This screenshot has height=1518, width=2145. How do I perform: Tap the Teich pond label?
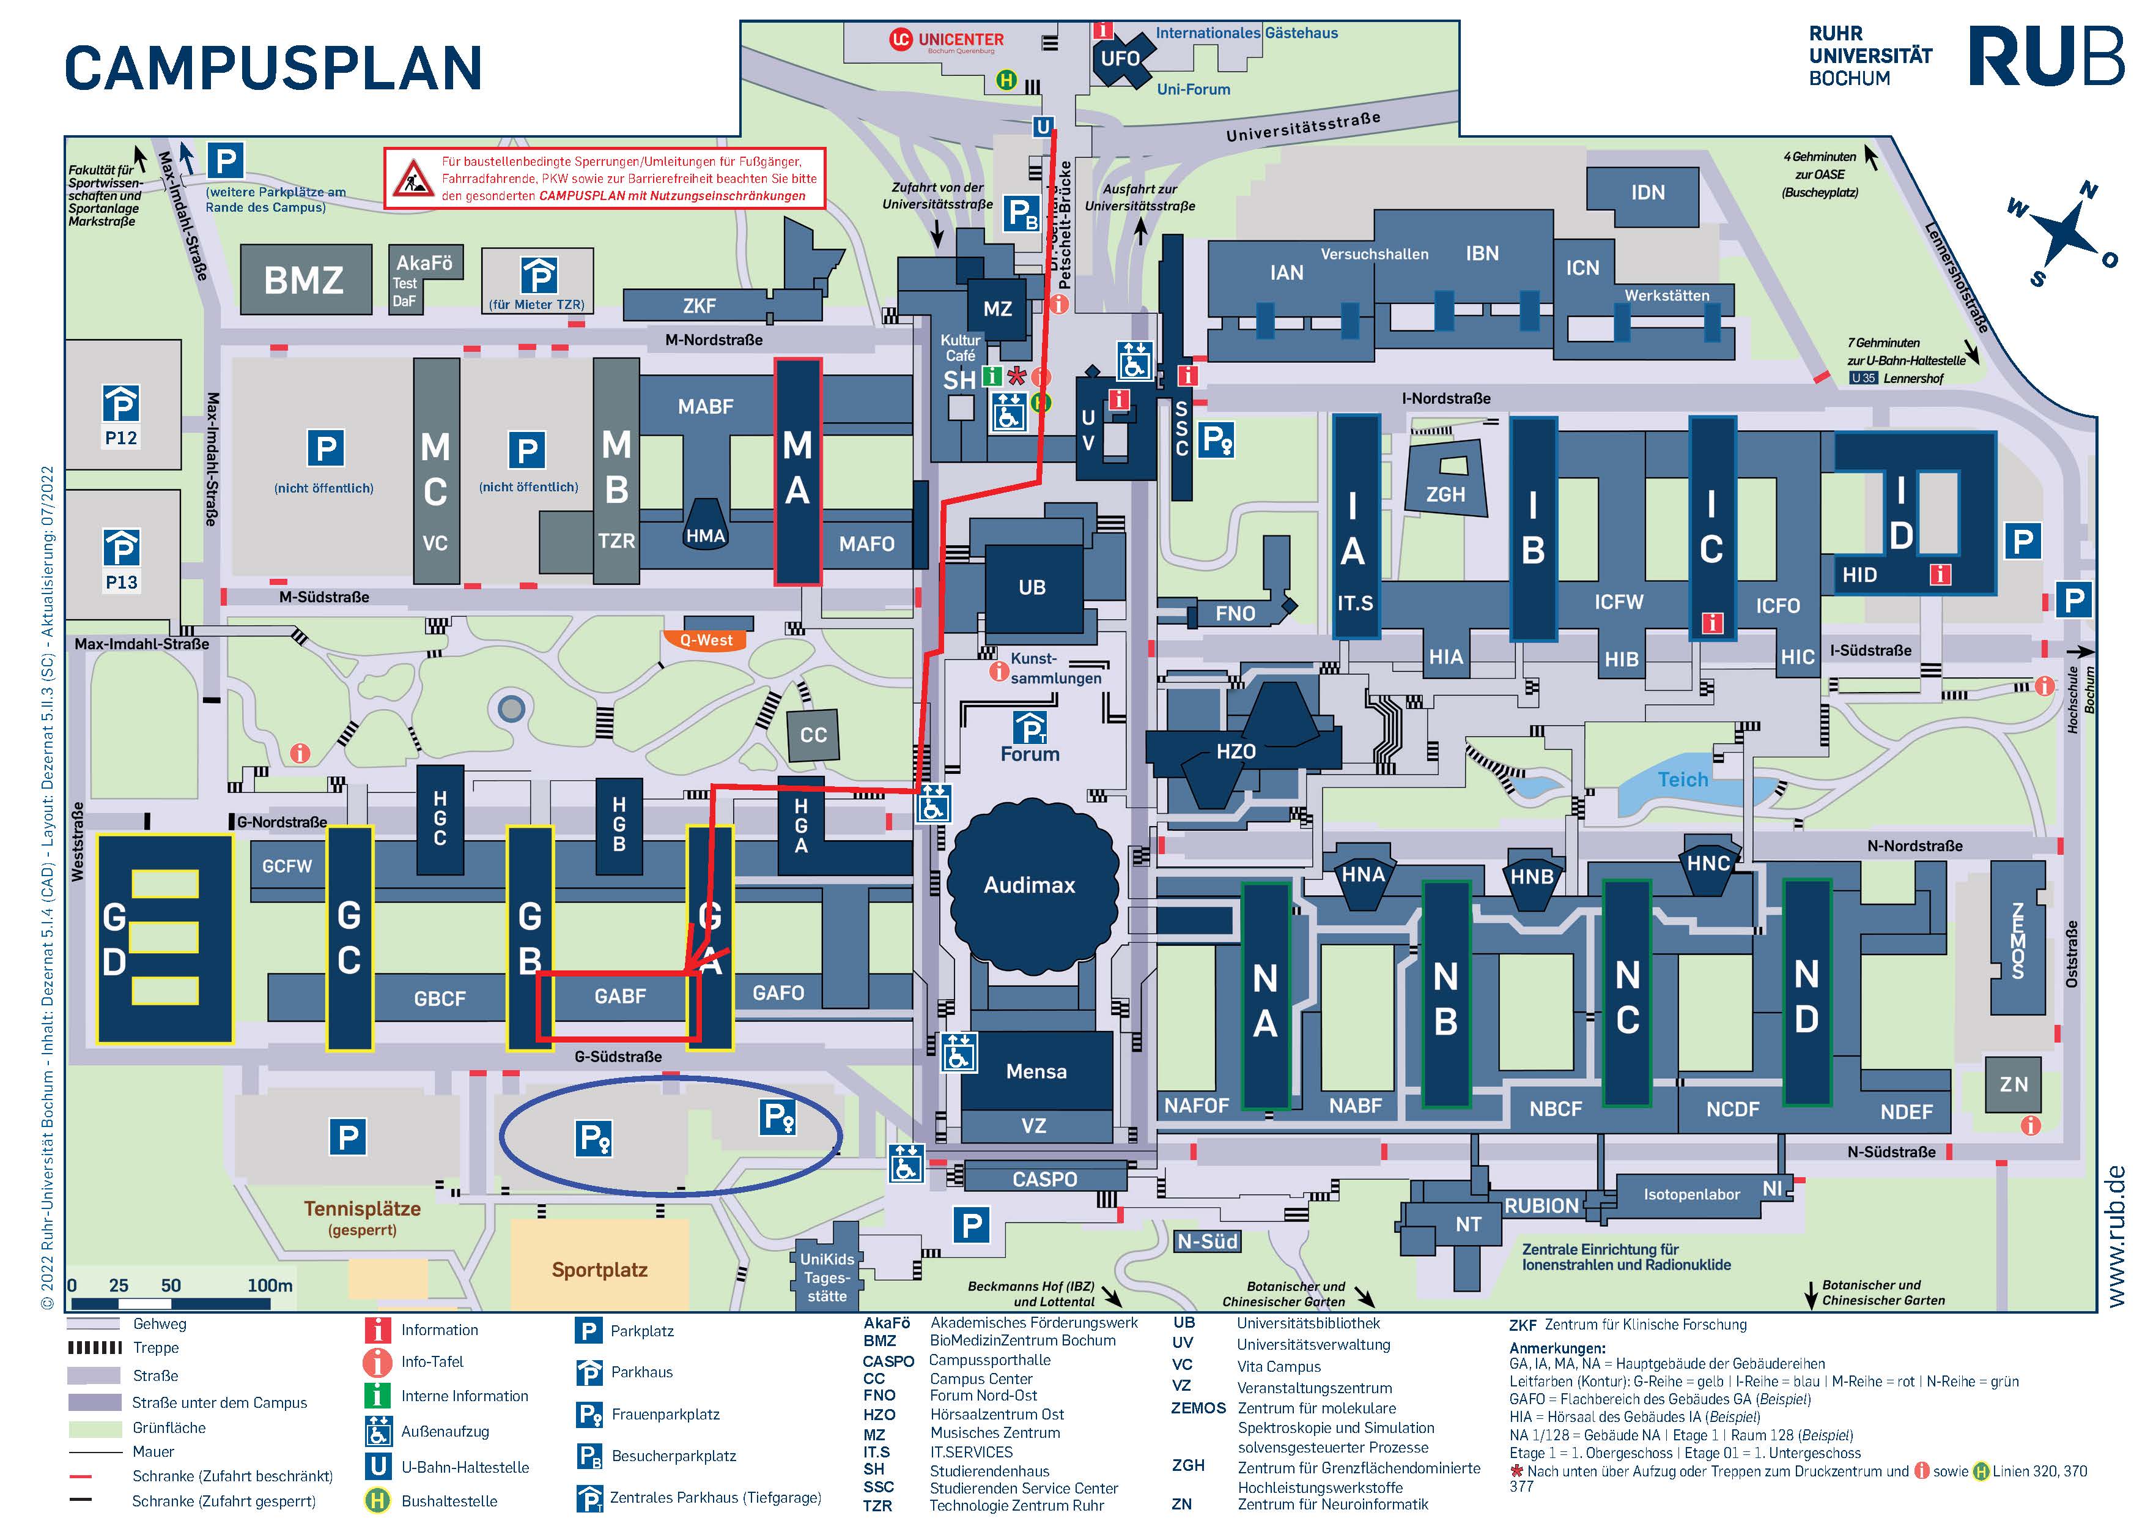pyautogui.click(x=1682, y=779)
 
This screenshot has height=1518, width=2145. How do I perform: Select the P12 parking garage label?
pyautogui.click(x=120, y=437)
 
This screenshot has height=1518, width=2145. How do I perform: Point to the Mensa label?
pyautogui.click(x=1036, y=1071)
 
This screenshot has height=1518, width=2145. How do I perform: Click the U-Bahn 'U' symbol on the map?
pyautogui.click(x=1043, y=126)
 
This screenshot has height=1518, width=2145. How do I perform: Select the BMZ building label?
pyautogui.click(x=304, y=280)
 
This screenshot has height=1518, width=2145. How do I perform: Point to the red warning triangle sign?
pyautogui.click(x=412, y=177)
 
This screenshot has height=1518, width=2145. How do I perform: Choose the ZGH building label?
pyautogui.click(x=1445, y=494)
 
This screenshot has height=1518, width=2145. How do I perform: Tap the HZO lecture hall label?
pyautogui.click(x=1235, y=751)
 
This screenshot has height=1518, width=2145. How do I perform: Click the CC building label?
pyautogui.click(x=813, y=735)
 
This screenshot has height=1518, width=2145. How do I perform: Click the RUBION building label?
pyautogui.click(x=1540, y=1206)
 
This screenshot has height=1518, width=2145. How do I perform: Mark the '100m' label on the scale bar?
pyautogui.click(x=270, y=1285)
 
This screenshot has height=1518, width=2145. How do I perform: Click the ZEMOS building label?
pyautogui.click(x=2017, y=939)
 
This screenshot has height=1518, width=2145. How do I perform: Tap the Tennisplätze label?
pyautogui.click(x=363, y=1208)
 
